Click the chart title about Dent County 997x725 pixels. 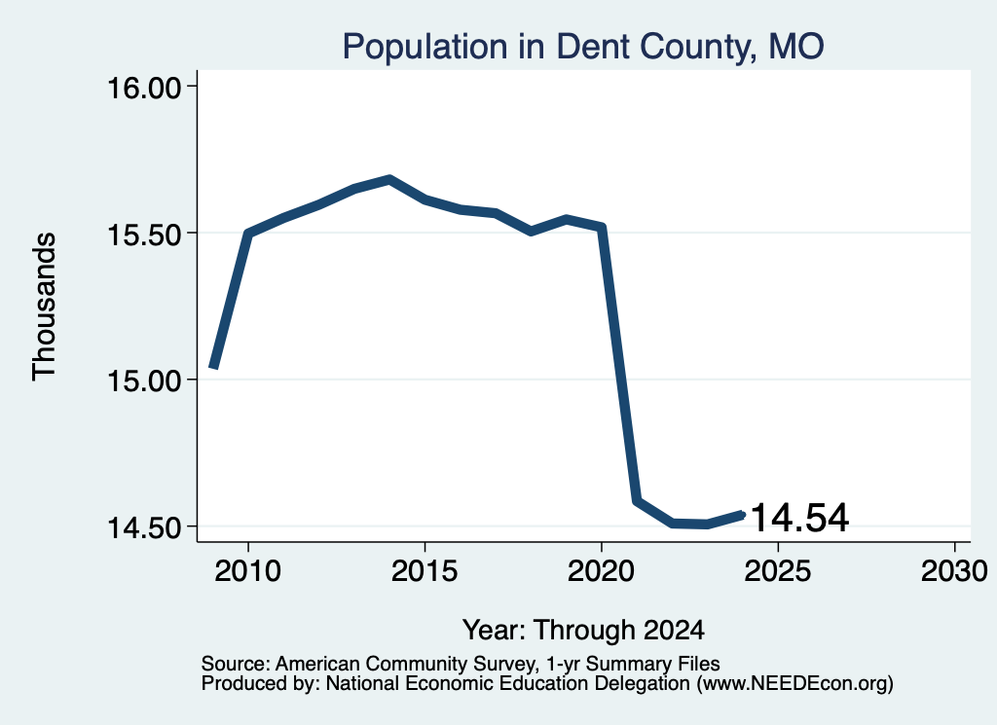point(583,47)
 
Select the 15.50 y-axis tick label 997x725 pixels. point(145,235)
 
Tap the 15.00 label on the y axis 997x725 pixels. point(145,381)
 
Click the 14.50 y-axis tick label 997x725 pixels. point(145,527)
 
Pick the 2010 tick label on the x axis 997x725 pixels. point(248,570)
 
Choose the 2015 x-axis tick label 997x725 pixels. point(425,570)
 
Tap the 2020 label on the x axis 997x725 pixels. point(601,570)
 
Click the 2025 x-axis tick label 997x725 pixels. point(778,570)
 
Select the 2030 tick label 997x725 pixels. point(954,570)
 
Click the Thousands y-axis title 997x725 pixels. point(45,307)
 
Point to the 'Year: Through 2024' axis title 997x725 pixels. point(583,630)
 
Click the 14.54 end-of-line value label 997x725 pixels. point(800,517)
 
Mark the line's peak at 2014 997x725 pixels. point(389,180)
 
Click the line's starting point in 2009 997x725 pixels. point(214,367)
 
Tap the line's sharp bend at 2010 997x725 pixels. point(248,234)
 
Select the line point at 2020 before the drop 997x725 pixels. point(601,227)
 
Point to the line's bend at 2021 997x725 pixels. point(637,501)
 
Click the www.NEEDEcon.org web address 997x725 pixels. point(794,684)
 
